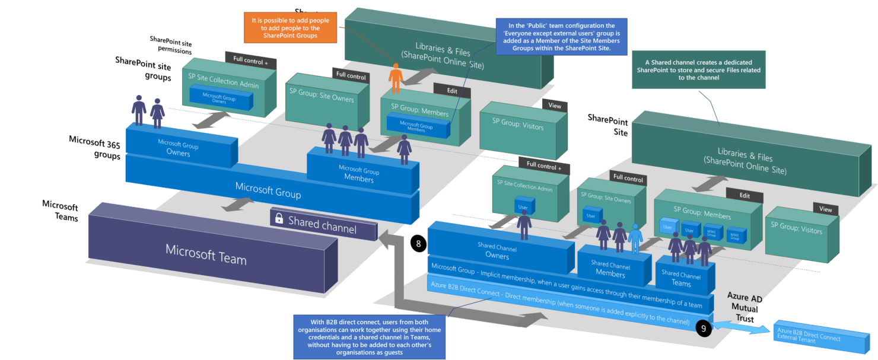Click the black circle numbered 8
tap(419, 243)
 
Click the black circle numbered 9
tap(703, 329)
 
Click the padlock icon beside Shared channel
tap(279, 218)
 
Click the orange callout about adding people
tap(290, 27)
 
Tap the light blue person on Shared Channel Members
tap(635, 238)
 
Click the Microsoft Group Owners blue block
tap(178, 149)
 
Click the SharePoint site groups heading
tap(143, 68)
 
